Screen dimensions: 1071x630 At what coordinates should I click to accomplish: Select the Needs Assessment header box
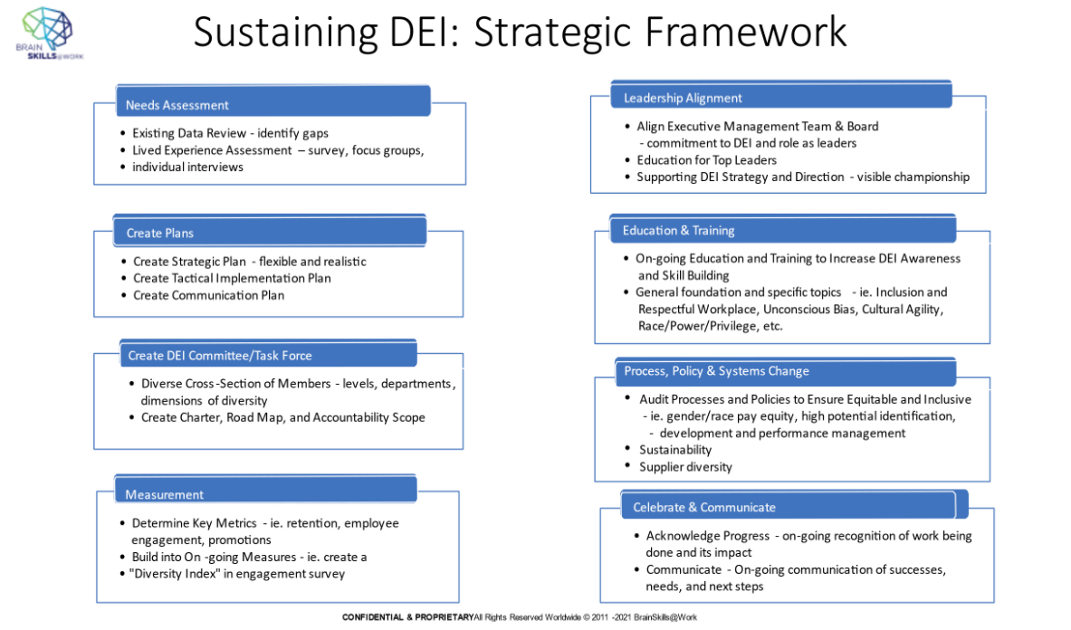tap(273, 102)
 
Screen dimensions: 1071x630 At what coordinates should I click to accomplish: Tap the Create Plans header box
tap(269, 231)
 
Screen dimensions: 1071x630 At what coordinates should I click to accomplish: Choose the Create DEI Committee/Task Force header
tap(268, 354)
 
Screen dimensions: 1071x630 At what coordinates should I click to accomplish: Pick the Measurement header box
tap(265, 492)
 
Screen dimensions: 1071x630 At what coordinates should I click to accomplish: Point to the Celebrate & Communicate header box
tap(793, 506)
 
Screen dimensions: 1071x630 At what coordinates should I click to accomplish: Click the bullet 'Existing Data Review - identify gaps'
tap(230, 133)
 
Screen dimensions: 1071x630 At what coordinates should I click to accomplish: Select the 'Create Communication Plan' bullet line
tap(208, 295)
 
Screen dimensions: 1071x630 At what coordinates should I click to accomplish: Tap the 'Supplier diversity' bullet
tap(685, 467)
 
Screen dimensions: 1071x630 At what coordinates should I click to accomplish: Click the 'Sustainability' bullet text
tap(675, 450)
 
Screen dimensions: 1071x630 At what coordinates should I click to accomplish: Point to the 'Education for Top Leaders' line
tap(706, 160)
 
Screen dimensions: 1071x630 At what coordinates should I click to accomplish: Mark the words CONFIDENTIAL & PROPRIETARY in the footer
tap(407, 617)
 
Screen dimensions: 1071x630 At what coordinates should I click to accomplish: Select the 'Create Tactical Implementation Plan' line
tap(232, 278)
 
